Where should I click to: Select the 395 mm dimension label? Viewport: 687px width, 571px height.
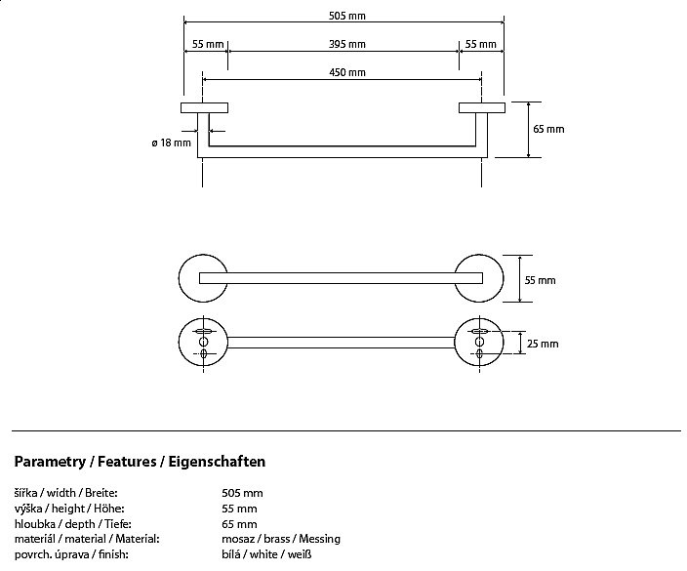pyautogui.click(x=346, y=44)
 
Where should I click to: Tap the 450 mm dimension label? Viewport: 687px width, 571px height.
pyautogui.click(x=346, y=72)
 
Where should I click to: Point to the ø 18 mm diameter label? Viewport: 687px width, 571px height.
pyautogui.click(x=171, y=143)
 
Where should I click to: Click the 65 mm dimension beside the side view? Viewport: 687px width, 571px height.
pyautogui.click(x=548, y=129)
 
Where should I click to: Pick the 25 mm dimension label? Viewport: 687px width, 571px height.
pyautogui.click(x=544, y=343)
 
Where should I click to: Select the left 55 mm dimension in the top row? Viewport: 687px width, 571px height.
pyautogui.click(x=209, y=44)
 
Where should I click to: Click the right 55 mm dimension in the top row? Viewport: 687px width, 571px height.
pyautogui.click(x=480, y=44)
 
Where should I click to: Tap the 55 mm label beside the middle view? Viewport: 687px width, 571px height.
pyautogui.click(x=540, y=280)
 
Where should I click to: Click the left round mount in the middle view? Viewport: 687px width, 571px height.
pyautogui.click(x=204, y=279)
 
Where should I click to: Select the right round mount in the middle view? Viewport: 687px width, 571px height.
pyautogui.click(x=480, y=279)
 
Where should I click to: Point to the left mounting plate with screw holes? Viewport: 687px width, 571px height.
pyautogui.click(x=204, y=343)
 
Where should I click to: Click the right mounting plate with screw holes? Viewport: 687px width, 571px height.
pyautogui.click(x=480, y=343)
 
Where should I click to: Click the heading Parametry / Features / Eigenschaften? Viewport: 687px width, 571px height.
pyautogui.click(x=140, y=462)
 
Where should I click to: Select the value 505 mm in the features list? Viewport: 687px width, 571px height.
pyautogui.click(x=242, y=494)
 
